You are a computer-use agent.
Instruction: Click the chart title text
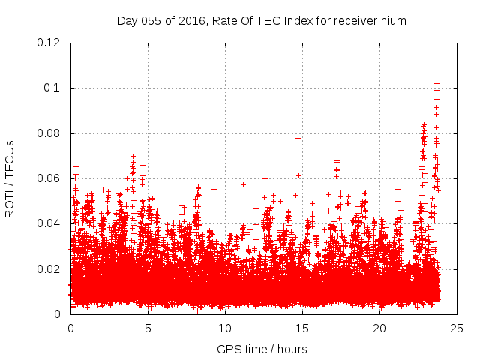coord(261,21)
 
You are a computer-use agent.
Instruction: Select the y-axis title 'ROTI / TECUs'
coord(10,178)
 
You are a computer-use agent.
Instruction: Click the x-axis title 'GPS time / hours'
coord(261,349)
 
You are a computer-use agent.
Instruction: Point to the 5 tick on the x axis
coord(148,328)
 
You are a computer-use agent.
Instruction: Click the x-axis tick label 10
coord(225,328)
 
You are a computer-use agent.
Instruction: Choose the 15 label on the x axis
coord(302,328)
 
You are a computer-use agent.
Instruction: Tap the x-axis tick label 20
coord(379,328)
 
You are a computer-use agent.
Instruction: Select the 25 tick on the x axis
coord(457,328)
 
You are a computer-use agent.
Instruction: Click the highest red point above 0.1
coord(436,83)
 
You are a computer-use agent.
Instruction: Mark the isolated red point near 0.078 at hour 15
coord(298,138)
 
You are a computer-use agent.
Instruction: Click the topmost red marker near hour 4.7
coord(142,151)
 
